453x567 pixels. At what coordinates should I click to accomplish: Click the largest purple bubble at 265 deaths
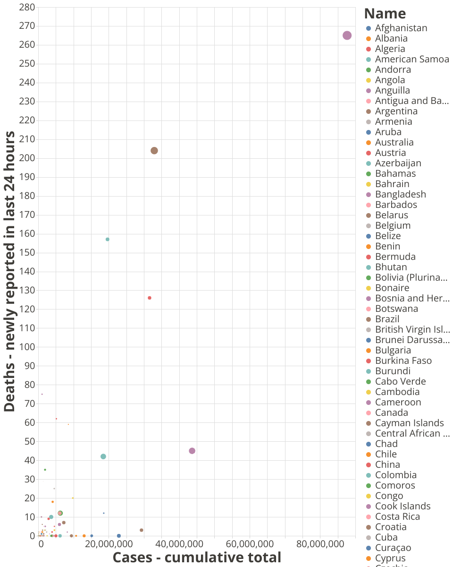(347, 35)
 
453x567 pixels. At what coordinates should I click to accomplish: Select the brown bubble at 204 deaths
(154, 151)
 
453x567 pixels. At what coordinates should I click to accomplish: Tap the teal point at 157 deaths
(108, 240)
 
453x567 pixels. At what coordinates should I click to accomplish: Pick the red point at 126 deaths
(150, 298)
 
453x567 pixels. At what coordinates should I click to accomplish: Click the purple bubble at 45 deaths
(192, 451)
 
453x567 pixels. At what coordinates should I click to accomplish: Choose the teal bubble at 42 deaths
(103, 456)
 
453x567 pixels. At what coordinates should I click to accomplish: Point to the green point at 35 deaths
(45, 470)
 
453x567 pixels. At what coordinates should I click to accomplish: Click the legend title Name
(385, 13)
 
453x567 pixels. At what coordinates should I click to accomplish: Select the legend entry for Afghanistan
(401, 28)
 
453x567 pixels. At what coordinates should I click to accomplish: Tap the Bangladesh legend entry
(400, 194)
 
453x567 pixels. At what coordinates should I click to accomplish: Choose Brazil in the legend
(387, 319)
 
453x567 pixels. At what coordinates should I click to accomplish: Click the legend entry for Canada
(391, 412)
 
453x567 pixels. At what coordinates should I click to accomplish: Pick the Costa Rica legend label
(397, 516)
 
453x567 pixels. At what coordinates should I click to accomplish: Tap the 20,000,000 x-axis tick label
(109, 544)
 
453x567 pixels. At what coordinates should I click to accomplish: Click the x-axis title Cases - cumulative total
(197, 558)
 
